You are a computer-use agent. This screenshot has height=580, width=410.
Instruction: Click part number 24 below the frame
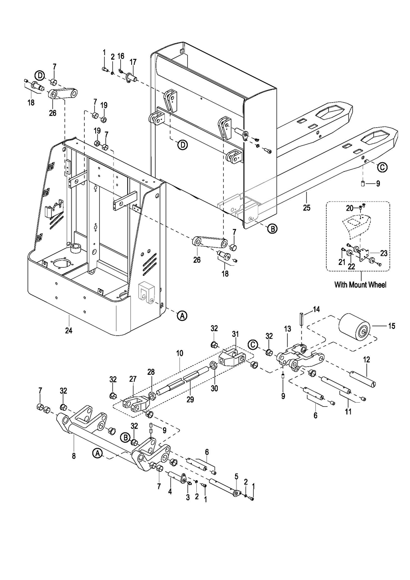(69, 331)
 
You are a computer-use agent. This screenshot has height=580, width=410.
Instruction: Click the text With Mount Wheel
(360, 285)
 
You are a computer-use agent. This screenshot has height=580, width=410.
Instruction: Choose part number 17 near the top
(133, 62)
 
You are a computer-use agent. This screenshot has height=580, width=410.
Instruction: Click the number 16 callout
(121, 56)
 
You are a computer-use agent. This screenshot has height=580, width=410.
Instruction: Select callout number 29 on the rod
(190, 399)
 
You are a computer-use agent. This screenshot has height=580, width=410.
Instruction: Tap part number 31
(235, 334)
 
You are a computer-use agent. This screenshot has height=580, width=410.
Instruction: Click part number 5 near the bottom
(236, 476)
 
